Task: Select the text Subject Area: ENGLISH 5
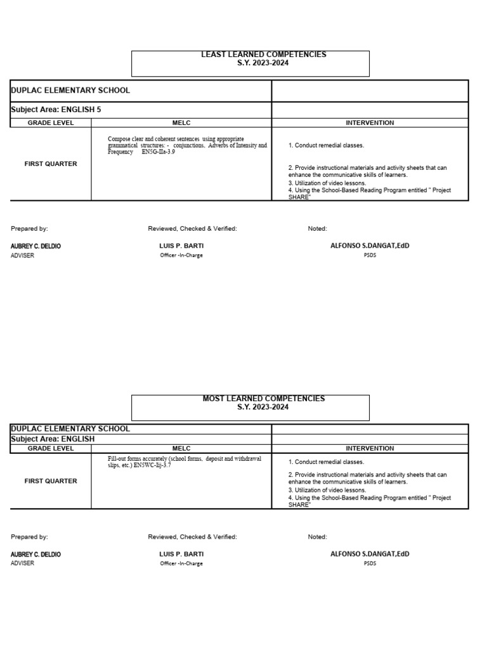tap(56, 110)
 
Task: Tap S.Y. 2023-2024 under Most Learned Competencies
tap(263, 407)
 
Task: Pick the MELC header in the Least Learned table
tap(181, 123)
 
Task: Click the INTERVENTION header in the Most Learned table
tap(370, 448)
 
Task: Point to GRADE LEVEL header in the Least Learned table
tap(51, 123)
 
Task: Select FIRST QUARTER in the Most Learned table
tap(51, 481)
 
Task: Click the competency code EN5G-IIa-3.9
tap(158, 152)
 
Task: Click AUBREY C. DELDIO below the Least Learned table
tap(36, 246)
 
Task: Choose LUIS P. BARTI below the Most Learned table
tap(181, 554)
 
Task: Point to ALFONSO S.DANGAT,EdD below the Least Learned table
tap(370, 245)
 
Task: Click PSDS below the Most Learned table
tap(370, 563)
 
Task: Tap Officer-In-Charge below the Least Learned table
tap(181, 255)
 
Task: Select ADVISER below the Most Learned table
tap(23, 563)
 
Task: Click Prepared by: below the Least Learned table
tap(29, 229)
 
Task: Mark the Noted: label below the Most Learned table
tap(317, 537)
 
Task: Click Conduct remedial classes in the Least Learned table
tap(327, 145)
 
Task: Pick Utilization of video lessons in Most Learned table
tap(327, 490)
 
